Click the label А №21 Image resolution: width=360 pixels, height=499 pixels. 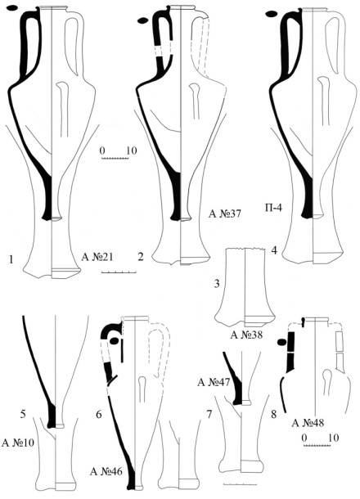(97, 257)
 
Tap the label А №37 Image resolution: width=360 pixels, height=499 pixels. (225, 214)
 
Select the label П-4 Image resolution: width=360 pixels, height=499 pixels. (273, 208)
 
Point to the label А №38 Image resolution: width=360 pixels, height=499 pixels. (247, 335)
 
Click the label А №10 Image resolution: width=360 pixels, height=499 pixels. (18, 443)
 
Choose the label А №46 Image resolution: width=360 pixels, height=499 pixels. (106, 471)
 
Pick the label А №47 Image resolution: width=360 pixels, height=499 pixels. (214, 382)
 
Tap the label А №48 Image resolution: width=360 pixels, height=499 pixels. (308, 423)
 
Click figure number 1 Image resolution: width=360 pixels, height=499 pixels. (11, 259)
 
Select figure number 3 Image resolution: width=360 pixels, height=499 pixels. (217, 283)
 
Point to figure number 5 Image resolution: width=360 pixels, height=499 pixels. (23, 414)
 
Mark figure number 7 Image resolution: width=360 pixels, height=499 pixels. (209, 415)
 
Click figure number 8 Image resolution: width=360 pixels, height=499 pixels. (273, 415)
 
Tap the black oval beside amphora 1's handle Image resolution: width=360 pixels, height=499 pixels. (12, 9)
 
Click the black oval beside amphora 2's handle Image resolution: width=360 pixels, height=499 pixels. (142, 21)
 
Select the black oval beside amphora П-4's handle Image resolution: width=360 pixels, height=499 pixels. (272, 14)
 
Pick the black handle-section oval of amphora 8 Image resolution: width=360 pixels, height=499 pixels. (281, 342)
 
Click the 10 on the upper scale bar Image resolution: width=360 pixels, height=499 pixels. (132, 151)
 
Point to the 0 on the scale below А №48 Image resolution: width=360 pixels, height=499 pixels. (304, 438)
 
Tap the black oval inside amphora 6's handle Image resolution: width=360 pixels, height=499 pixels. (115, 341)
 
